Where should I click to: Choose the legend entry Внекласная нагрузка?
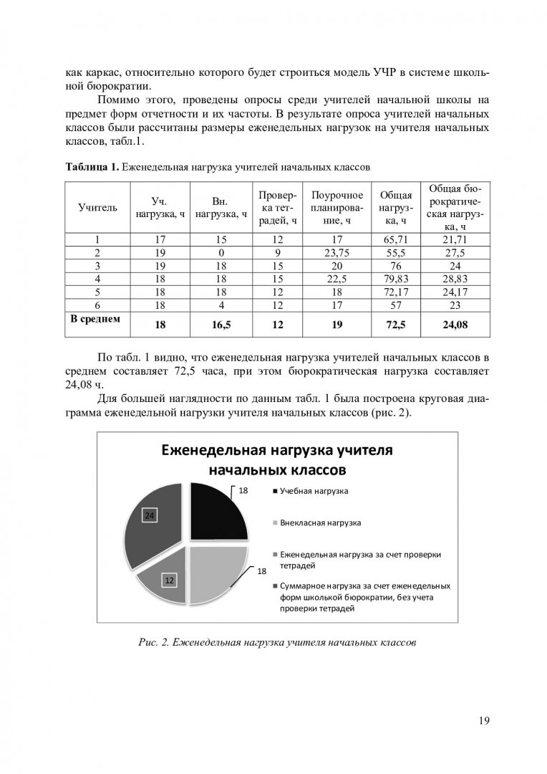(x=320, y=523)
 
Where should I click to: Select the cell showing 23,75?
(x=337, y=253)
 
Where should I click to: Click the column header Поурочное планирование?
(x=337, y=208)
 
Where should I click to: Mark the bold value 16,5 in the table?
(x=221, y=325)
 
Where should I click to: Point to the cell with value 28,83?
(x=455, y=278)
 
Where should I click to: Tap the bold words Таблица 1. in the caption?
(x=92, y=168)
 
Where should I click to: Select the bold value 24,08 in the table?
(x=455, y=325)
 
